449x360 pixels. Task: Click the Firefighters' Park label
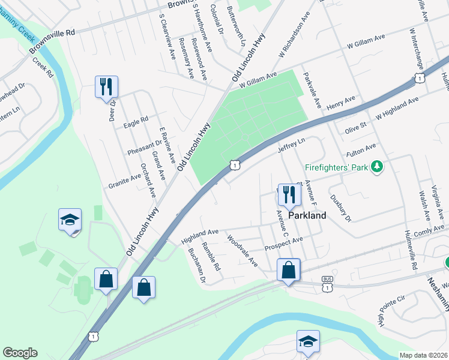click(336, 167)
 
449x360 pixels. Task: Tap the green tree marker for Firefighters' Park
click(377, 166)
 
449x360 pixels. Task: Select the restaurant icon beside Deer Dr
click(106, 86)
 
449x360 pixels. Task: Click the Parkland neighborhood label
click(307, 215)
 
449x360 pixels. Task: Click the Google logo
click(20, 353)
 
